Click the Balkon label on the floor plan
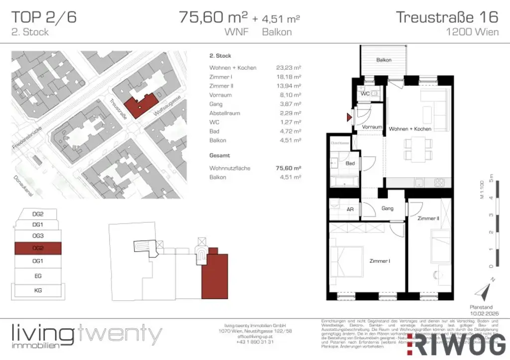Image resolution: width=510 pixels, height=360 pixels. pos(383,60)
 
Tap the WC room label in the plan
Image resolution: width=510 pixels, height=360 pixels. pos(365,94)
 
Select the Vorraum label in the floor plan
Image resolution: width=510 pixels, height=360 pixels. pos(372,127)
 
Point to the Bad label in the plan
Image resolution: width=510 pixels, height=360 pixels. pos(350,163)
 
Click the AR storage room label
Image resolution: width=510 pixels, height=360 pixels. pos(350,209)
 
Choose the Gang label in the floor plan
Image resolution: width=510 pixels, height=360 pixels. pos(387,209)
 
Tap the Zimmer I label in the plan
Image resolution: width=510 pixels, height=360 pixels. pos(380,260)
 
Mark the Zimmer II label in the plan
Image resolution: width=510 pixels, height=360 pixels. pos(428,218)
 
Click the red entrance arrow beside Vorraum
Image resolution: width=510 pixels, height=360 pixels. pos(350,118)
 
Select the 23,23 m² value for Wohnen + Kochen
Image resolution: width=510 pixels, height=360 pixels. pos(288,68)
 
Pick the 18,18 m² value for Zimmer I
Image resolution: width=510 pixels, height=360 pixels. pos(288,77)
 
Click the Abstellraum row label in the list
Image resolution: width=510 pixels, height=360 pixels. pos(225,113)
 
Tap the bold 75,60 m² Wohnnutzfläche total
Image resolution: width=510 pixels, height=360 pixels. pos(288,168)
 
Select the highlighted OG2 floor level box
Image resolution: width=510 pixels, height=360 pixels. pos(38,247)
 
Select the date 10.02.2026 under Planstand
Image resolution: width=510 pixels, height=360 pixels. pos(481,314)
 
